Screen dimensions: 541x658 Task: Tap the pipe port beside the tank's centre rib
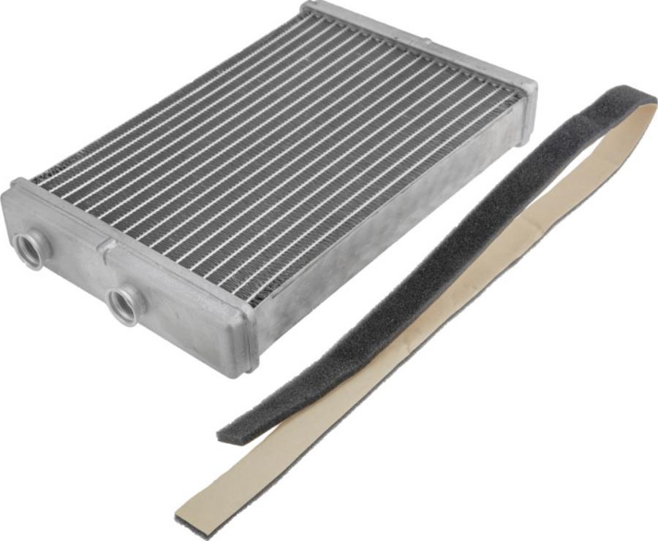[x=125, y=304]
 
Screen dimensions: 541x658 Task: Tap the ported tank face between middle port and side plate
[x=190, y=321]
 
